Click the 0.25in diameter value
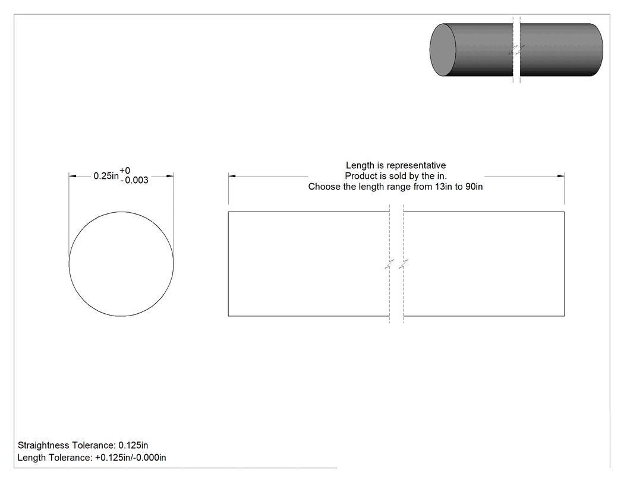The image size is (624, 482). point(106,176)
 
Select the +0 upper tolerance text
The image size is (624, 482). point(125,171)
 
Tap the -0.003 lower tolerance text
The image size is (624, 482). point(134,180)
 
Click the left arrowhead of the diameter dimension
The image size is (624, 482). point(73,176)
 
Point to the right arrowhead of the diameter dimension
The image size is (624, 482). point(170,176)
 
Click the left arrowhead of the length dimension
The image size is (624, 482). point(232,176)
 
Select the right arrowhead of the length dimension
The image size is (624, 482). point(561,176)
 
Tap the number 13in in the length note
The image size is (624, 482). point(444,187)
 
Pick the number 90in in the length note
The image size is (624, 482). point(474,187)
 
